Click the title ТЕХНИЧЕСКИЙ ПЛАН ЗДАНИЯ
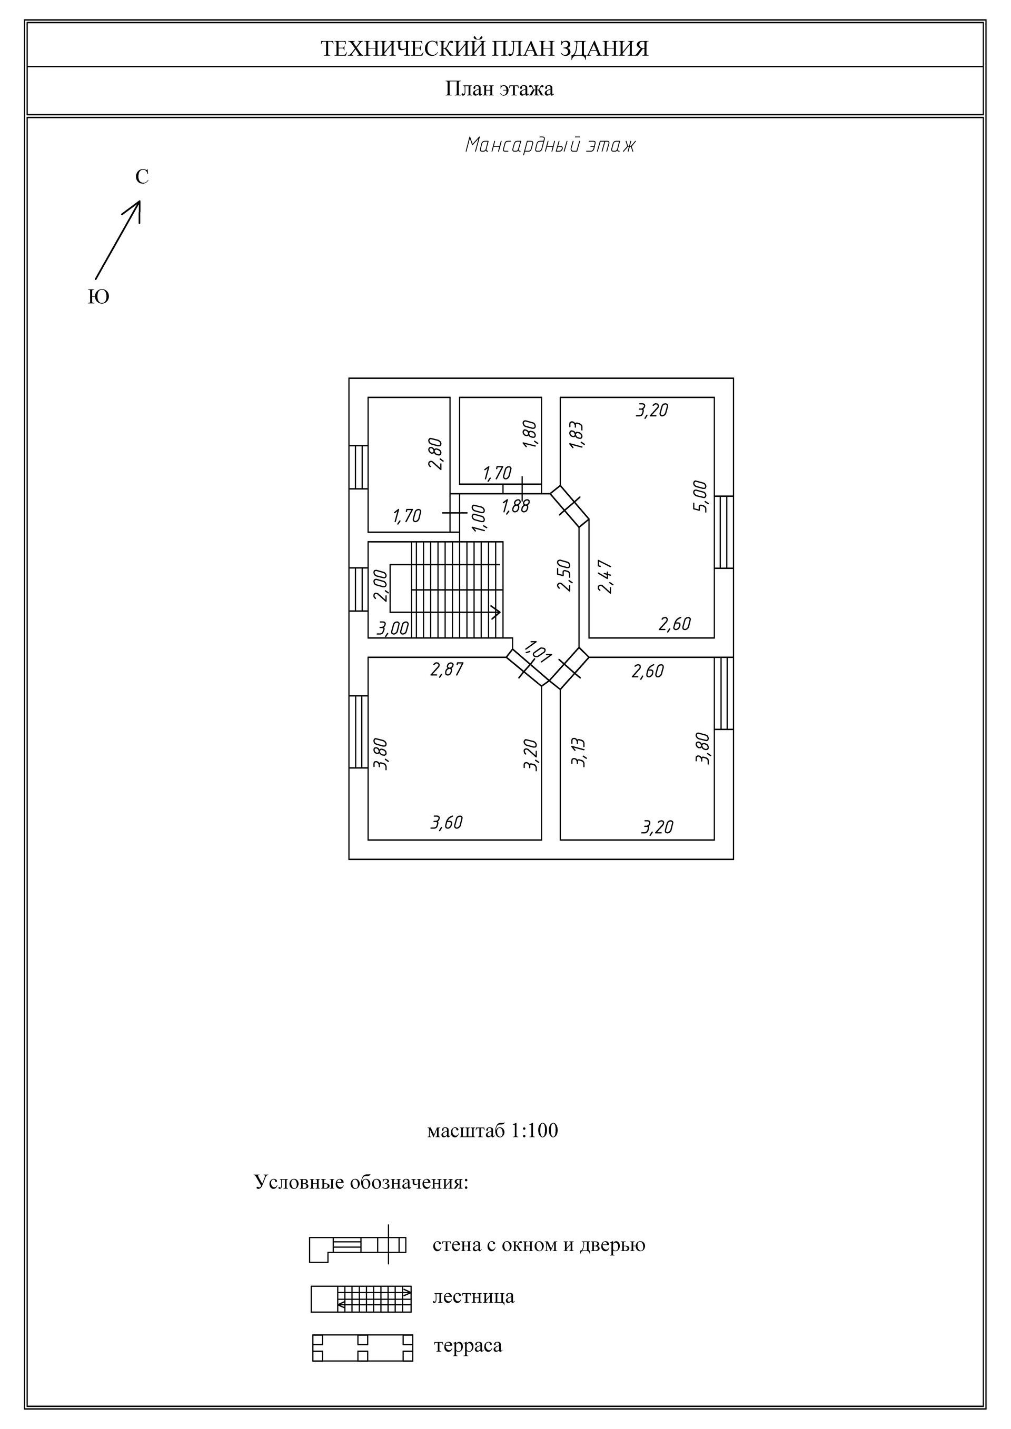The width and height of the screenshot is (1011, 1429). (484, 48)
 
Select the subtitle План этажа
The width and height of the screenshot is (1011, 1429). (499, 89)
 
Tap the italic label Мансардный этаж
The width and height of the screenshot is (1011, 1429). (550, 146)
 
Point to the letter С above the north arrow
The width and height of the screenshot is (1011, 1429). (142, 177)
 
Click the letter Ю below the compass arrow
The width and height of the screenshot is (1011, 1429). (98, 297)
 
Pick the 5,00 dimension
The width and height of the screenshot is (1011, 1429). (700, 496)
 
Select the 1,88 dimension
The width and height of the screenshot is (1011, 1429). (516, 506)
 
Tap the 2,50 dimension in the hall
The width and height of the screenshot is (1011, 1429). (564, 575)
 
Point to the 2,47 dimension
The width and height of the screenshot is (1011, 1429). (605, 577)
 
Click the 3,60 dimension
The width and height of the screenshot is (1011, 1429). (447, 823)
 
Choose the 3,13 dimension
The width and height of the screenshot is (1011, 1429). (579, 752)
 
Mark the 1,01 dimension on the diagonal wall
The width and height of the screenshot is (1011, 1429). (538, 651)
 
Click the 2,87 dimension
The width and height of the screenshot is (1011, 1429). (447, 669)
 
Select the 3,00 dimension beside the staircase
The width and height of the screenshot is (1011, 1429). (393, 628)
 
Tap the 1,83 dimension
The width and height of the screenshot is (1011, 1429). (577, 435)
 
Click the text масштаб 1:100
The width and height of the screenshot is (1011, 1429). (492, 1131)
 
